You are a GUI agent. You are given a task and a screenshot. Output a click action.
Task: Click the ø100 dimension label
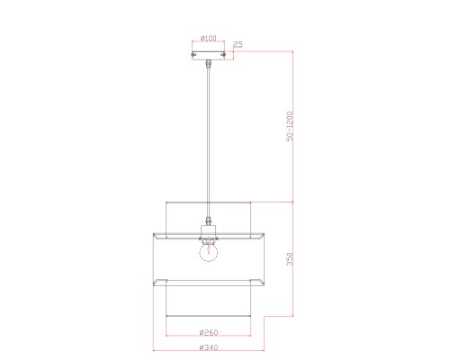[209, 38]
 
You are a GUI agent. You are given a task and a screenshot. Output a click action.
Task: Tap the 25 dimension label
[238, 44]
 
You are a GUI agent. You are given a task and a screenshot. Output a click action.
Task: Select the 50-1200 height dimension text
[290, 126]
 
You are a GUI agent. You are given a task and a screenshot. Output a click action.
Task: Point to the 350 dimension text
[290, 259]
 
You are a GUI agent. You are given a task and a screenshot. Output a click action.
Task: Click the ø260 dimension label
[209, 332]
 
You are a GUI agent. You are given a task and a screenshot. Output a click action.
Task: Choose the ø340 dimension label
[209, 347]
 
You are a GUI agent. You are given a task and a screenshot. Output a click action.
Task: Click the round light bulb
[209, 251]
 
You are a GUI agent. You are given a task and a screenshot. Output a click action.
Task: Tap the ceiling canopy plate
[208, 56]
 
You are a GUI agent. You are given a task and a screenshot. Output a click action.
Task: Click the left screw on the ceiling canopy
[193, 55]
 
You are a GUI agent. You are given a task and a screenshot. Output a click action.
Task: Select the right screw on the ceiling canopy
[223, 55]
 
